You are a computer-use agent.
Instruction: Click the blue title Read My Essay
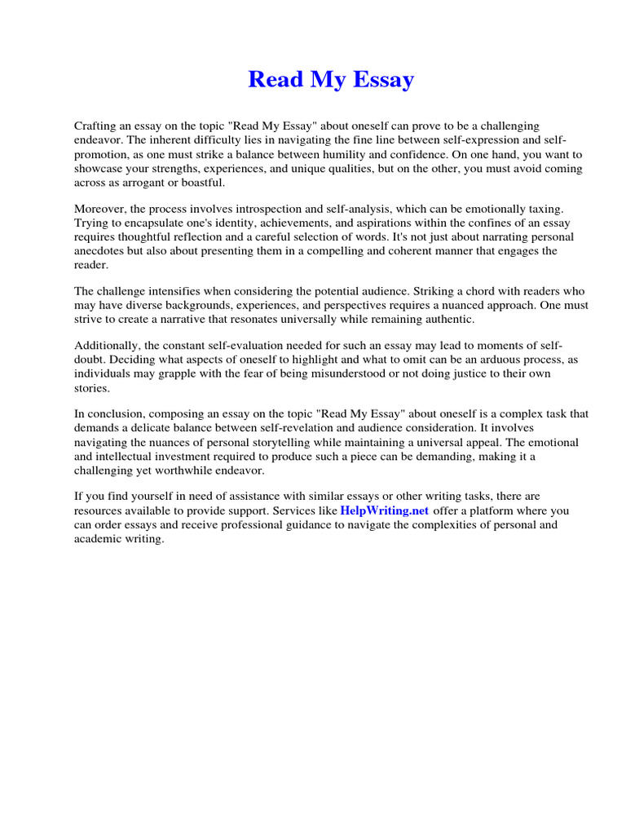tap(331, 80)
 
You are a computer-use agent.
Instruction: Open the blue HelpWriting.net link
tap(385, 510)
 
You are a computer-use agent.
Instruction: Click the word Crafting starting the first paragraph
tap(96, 126)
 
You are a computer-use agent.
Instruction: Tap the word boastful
tap(197, 182)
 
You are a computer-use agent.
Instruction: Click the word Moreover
tap(102, 209)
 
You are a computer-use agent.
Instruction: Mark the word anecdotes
tap(102, 250)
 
